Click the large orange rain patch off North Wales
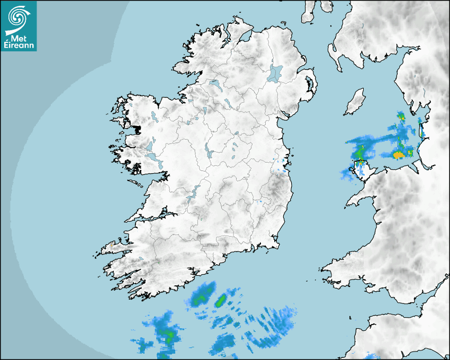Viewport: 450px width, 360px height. pos(399,155)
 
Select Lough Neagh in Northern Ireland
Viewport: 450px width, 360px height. pos(275,73)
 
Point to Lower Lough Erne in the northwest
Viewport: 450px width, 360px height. pos(215,84)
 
